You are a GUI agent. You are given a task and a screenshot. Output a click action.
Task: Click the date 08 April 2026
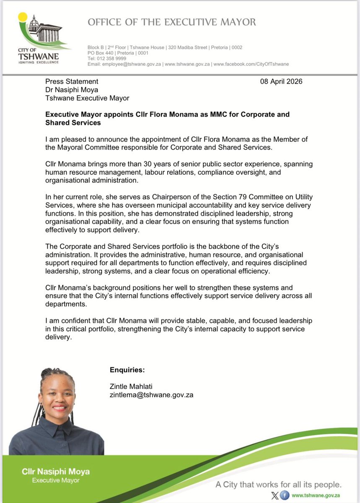coord(281,81)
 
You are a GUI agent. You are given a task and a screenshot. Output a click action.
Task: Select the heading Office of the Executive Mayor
coord(171,22)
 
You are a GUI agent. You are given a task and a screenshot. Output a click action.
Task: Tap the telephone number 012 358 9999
coord(109,59)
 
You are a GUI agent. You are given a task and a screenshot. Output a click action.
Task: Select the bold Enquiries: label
coord(127,370)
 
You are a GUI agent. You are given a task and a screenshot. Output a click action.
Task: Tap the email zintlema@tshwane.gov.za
coord(151,395)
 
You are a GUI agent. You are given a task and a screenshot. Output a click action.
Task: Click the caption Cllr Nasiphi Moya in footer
coord(56,472)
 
